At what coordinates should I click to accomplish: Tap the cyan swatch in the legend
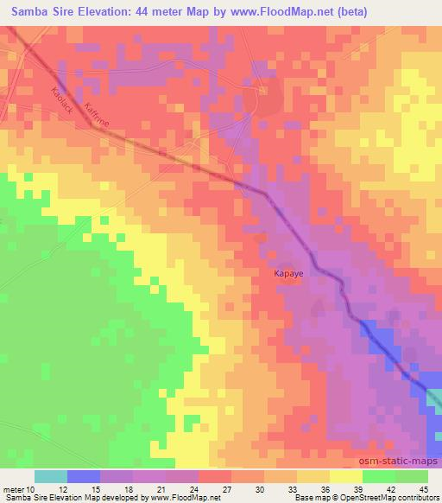[51, 476]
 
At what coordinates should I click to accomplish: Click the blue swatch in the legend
[84, 476]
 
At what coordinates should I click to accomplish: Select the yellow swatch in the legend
[346, 476]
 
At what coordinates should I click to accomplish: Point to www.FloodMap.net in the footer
[184, 498]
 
